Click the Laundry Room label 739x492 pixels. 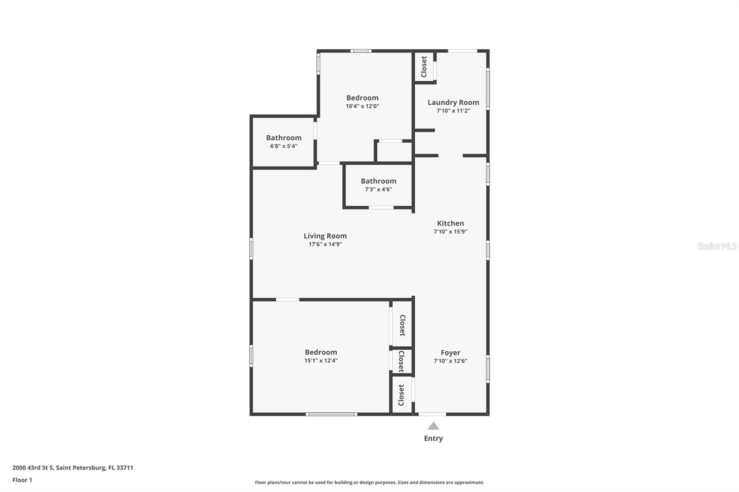453,102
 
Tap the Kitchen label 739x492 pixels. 450,223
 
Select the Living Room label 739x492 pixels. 325,236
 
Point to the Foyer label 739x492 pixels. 450,353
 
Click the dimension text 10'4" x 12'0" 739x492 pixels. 363,106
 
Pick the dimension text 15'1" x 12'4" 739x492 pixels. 321,361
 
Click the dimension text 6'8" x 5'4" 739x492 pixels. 284,146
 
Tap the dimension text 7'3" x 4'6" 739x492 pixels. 378,189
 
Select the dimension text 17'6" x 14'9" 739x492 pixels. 325,244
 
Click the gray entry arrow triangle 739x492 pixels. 433,426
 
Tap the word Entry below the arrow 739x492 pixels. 433,438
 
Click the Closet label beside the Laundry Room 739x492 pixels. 424,67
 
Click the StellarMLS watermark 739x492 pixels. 717,246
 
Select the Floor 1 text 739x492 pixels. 22,480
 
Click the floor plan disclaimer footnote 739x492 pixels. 369,482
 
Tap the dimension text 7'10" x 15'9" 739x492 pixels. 450,232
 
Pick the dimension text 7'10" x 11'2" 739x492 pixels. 453,111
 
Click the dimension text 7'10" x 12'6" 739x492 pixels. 450,361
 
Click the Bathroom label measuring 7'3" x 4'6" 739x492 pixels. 378,181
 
